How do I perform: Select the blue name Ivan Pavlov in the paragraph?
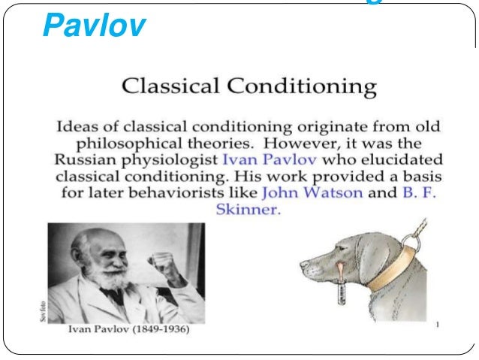coord(259,160)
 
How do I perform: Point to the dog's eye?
coord(336,249)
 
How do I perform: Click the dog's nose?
coord(305,265)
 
